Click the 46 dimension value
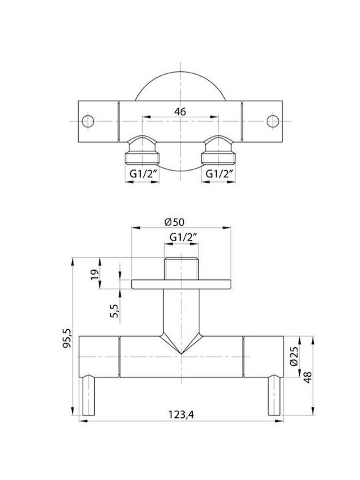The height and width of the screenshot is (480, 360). point(180,111)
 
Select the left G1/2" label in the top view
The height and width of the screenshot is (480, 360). point(143,173)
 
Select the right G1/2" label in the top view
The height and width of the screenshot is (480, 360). point(220,173)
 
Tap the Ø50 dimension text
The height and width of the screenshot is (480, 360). point(175,222)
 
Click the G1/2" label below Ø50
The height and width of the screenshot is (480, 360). point(183,237)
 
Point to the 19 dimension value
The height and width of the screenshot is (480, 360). point(95,273)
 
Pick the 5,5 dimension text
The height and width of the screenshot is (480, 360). point(115,311)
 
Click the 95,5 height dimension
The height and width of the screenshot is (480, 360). point(67,338)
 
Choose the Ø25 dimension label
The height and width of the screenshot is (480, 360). point(293,356)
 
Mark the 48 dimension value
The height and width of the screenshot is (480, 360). point(307,377)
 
